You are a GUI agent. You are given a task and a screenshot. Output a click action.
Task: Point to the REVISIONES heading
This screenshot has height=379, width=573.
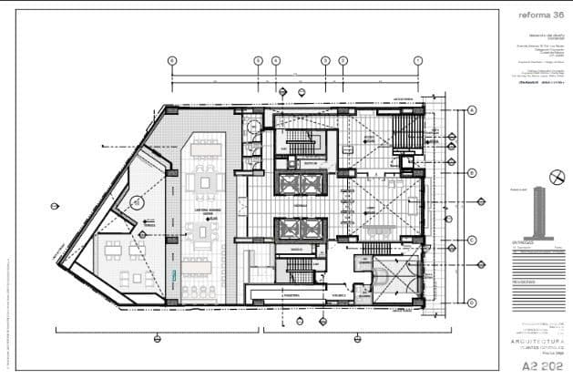(527, 282)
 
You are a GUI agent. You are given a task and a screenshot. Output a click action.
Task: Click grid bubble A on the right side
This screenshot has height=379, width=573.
(473, 111)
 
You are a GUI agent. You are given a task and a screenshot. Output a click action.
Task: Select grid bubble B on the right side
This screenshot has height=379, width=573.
(473, 171)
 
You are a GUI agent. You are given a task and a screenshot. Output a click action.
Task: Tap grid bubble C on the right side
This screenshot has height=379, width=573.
(473, 240)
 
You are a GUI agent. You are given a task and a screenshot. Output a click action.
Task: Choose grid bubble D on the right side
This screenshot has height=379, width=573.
(473, 302)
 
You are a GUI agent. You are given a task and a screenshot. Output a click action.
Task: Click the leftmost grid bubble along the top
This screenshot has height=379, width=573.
(171, 60)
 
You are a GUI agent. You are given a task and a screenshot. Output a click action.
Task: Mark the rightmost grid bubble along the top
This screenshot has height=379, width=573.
(417, 60)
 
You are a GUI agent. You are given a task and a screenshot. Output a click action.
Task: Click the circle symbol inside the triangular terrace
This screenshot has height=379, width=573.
(135, 201)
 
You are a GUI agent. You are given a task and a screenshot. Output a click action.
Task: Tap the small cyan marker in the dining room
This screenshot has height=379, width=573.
(175, 275)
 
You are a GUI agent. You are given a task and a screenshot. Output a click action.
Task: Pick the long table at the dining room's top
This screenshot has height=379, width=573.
(207, 143)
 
